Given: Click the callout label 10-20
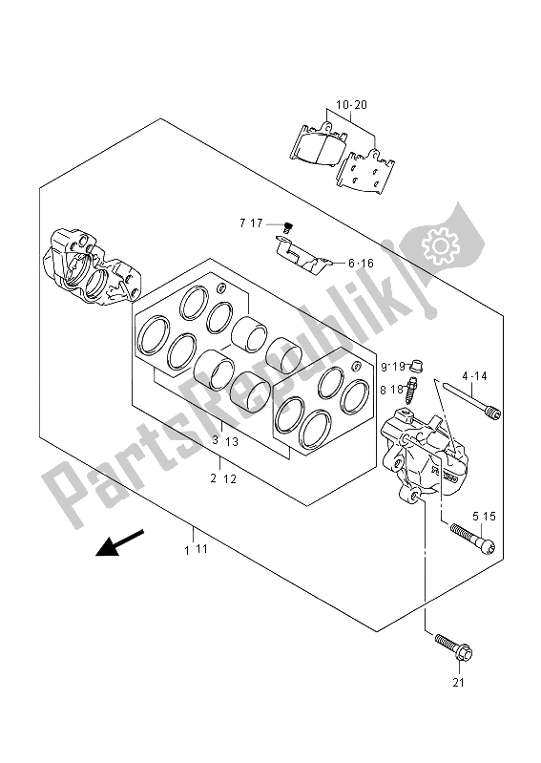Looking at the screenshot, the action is click(x=352, y=105).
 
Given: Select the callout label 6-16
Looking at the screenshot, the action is click(x=361, y=264).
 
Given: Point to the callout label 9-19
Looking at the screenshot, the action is click(x=393, y=367).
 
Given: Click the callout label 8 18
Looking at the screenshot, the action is click(x=392, y=389).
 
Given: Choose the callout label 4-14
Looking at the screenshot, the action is click(x=474, y=376).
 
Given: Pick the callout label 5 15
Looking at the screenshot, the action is click(x=484, y=516).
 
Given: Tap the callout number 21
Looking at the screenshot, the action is click(x=458, y=683).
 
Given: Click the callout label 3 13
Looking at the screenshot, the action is click(x=225, y=441).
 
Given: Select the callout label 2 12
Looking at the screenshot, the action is click(x=223, y=478).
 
